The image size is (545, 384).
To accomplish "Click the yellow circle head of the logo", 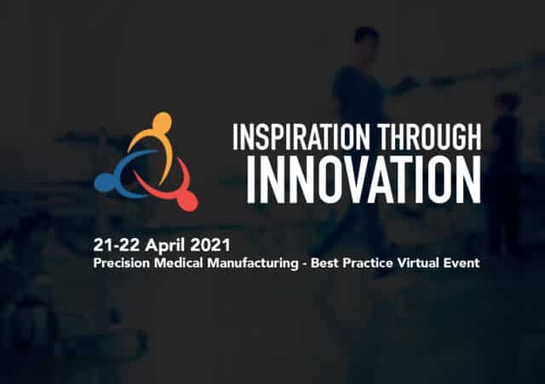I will tap(162, 120).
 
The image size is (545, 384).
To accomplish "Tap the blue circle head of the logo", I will tap(102, 183).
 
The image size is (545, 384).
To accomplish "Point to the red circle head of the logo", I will tap(189, 201).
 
